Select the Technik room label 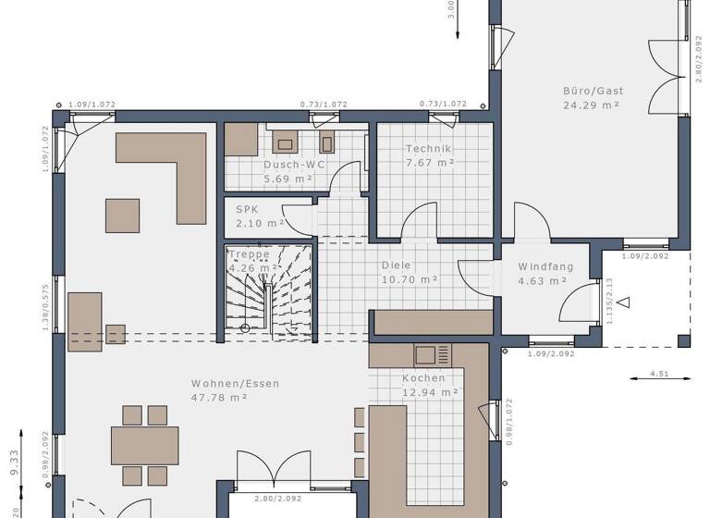(x=428, y=149)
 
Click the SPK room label (x=246, y=209)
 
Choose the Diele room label (x=396, y=265)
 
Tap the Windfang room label (x=545, y=266)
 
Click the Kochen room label (x=423, y=377)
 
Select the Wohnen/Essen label (x=235, y=383)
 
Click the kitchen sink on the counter (x=426, y=354)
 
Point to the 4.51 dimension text (x=659, y=374)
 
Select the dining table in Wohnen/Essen (x=145, y=445)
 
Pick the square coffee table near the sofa (x=122, y=215)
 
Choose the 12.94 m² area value (x=430, y=392)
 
